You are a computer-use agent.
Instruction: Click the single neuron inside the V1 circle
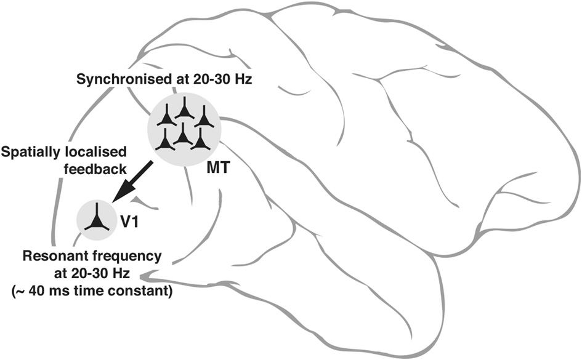(x=97, y=219)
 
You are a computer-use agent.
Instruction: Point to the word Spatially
(x=27, y=151)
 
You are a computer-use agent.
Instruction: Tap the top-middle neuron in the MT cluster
(x=185, y=110)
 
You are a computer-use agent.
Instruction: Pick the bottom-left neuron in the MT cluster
(x=165, y=140)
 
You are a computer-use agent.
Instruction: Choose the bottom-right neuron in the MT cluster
(x=201, y=140)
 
